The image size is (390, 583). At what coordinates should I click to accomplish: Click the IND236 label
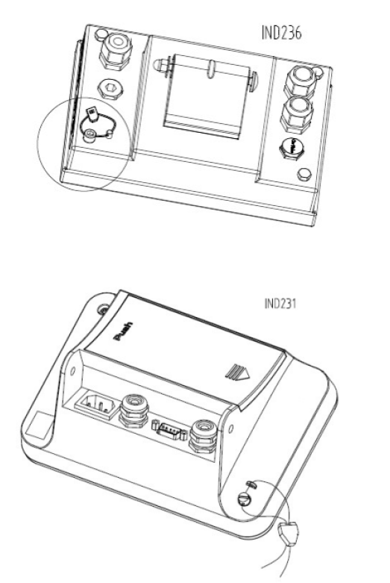click(x=282, y=32)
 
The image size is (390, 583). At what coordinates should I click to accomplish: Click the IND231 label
click(x=280, y=303)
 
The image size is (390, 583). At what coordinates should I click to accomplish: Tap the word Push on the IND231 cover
click(x=123, y=331)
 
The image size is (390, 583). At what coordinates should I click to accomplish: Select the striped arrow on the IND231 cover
click(x=237, y=372)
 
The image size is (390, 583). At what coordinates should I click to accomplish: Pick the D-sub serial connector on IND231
click(x=169, y=431)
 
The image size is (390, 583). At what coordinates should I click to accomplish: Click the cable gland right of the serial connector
click(x=203, y=436)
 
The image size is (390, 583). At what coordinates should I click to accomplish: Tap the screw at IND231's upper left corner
click(x=103, y=309)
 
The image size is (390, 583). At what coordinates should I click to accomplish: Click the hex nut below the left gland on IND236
click(x=110, y=90)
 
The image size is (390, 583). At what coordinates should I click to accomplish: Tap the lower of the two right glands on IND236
click(x=296, y=113)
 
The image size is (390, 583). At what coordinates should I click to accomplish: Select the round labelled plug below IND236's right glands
click(x=292, y=148)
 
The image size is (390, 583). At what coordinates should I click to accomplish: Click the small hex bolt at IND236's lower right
click(x=304, y=174)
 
